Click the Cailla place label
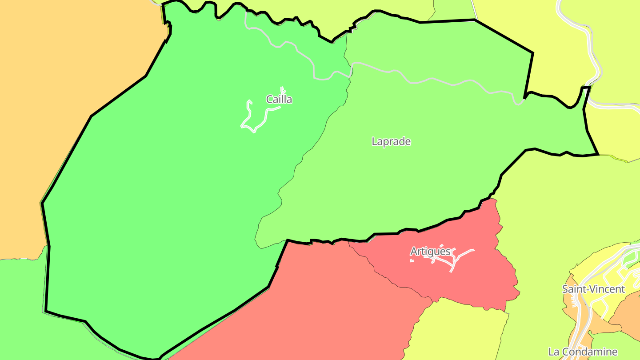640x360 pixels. (x=279, y=99)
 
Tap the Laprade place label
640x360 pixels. (x=391, y=141)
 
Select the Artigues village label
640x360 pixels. (x=430, y=252)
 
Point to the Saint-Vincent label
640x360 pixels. (x=593, y=289)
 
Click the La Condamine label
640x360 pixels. (x=583, y=352)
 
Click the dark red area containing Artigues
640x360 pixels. (x=480, y=280)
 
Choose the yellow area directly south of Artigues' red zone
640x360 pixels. (x=458, y=329)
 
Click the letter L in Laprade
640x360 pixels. (x=374, y=141)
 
